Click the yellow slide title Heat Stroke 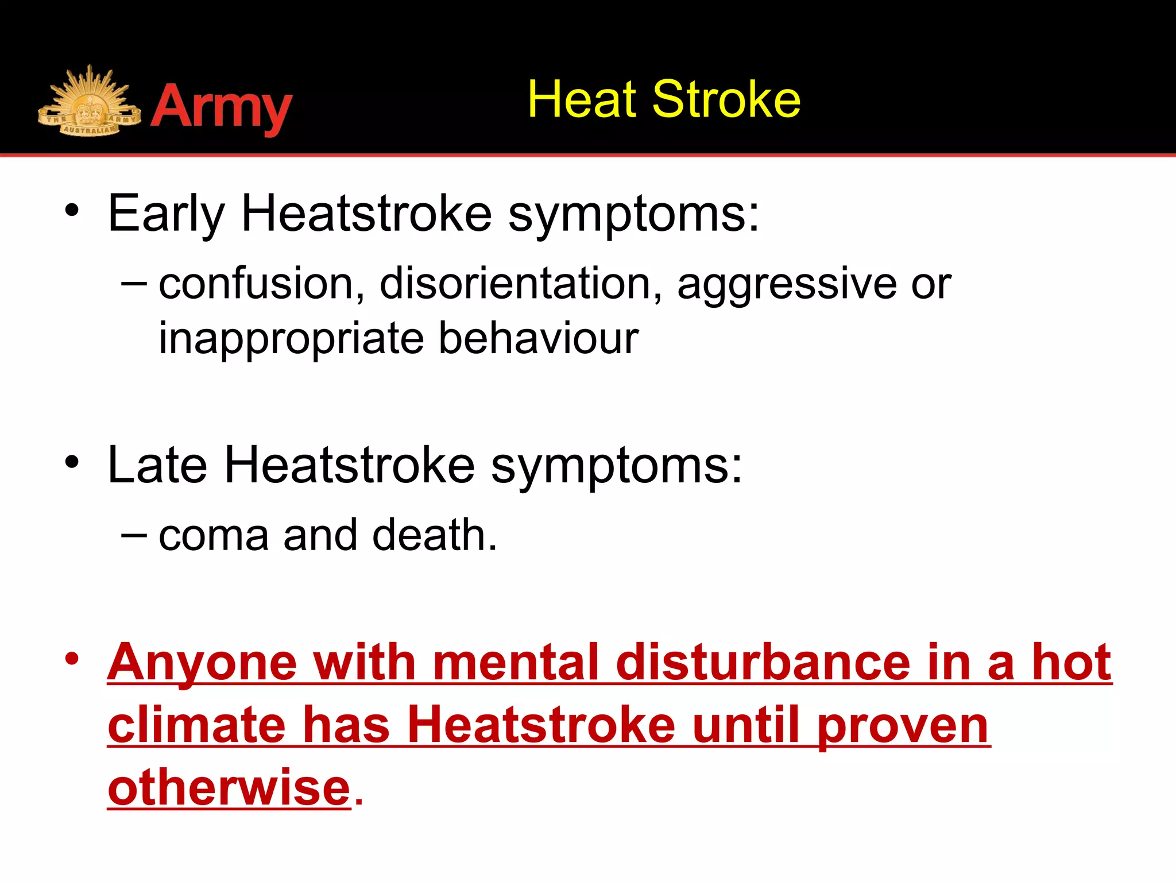click(x=664, y=100)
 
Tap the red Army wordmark click(x=222, y=107)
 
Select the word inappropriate click(x=291, y=339)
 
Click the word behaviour click(x=538, y=338)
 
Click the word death click(x=434, y=535)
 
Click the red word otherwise click(x=229, y=787)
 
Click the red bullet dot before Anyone click(x=71, y=660)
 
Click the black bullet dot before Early click(x=71, y=210)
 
